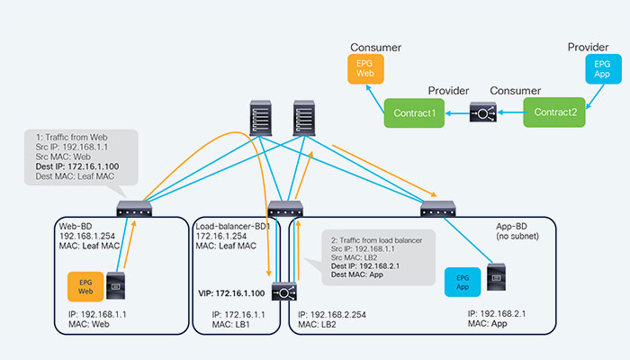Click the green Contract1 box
[414, 112]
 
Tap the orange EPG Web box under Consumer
[365, 68]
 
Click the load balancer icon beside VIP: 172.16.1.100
[285, 292]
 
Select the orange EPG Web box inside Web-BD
[86, 287]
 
